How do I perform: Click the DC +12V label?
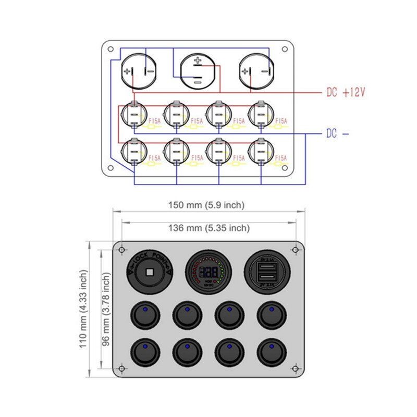point(346,93)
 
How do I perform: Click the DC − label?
point(337,133)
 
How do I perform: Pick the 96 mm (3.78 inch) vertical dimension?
point(106,309)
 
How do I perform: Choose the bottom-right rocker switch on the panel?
point(271,353)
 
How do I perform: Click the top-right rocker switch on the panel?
point(271,316)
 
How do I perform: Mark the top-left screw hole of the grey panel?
point(121,250)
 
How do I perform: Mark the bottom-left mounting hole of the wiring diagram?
point(110,168)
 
